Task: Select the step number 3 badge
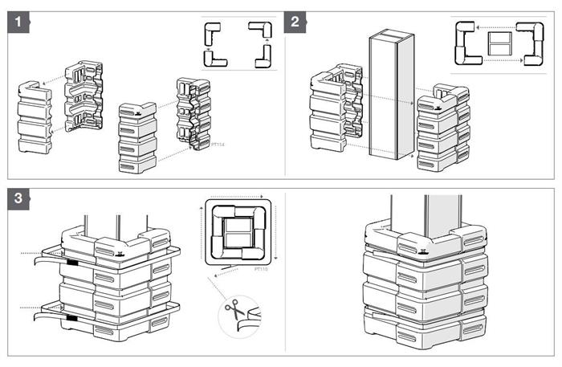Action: click(x=18, y=198)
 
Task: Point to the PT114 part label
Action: click(x=217, y=145)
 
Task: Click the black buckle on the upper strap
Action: click(x=71, y=262)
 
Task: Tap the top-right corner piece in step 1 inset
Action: click(x=263, y=31)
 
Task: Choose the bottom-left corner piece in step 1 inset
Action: click(x=215, y=59)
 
